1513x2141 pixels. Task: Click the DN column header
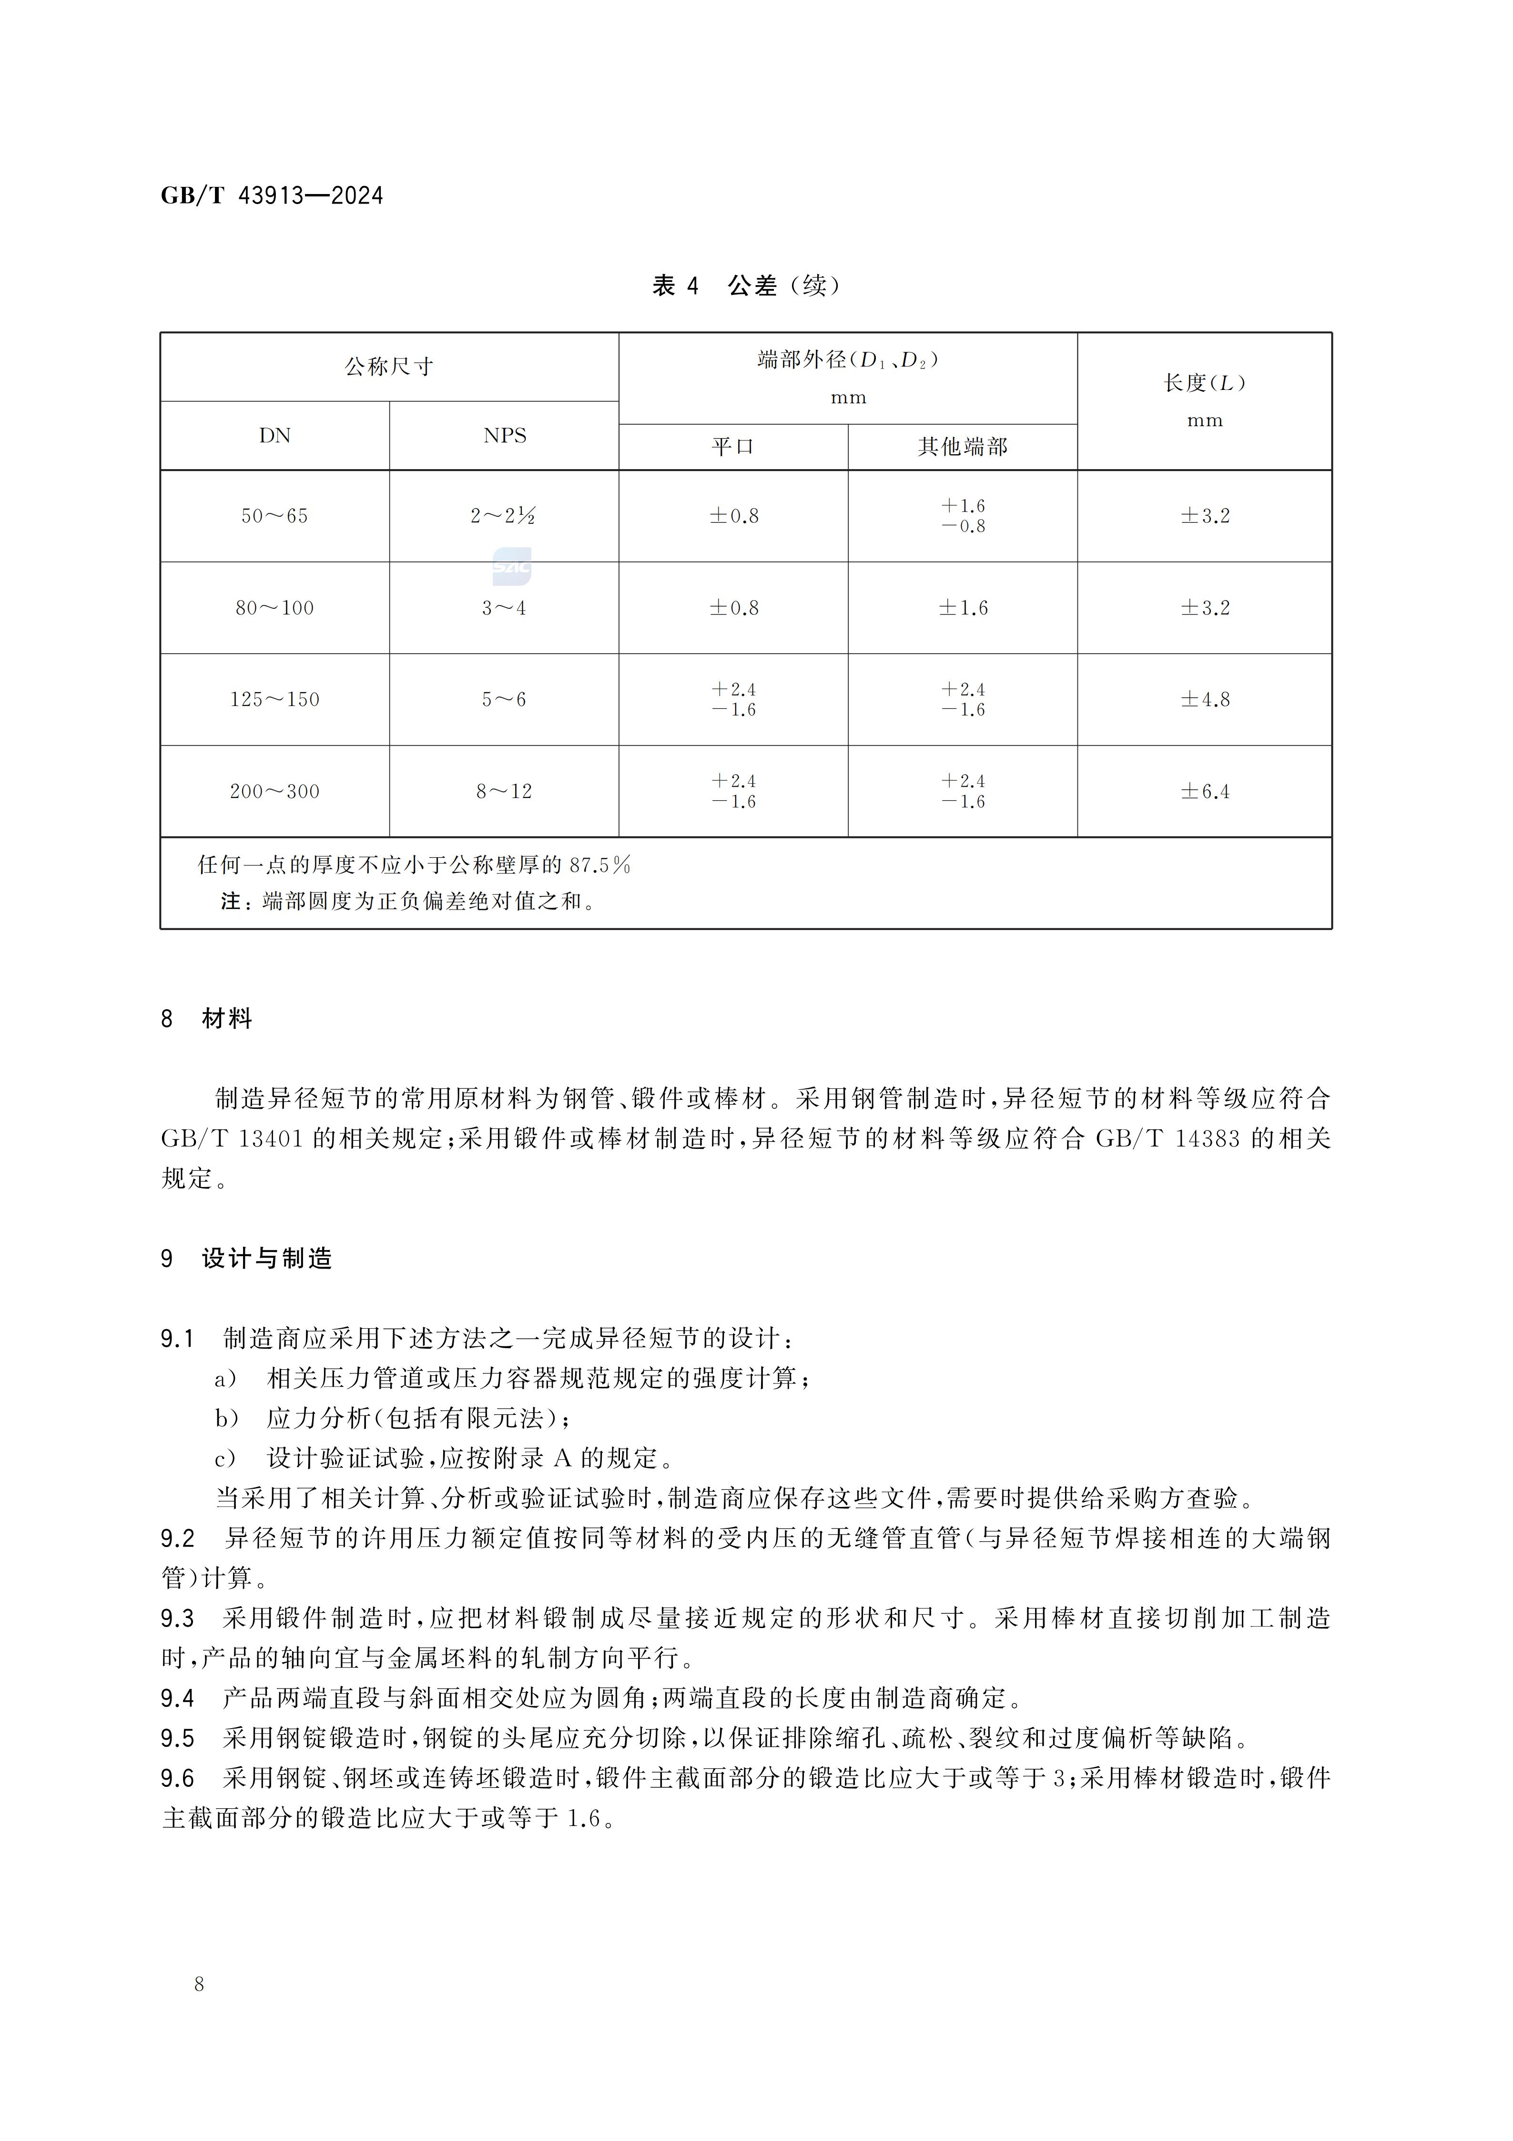[275, 435]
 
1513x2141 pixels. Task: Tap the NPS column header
[504, 435]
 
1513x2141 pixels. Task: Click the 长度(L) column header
[1204, 383]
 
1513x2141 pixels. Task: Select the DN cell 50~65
[275, 516]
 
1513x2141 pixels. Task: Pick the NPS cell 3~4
[504, 608]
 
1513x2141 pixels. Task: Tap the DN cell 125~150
[275, 699]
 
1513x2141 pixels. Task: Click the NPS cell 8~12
[504, 792]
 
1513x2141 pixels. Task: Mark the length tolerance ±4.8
[1204, 699]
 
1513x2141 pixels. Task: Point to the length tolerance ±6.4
[1204, 792]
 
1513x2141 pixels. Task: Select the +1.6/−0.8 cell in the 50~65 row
[963, 516]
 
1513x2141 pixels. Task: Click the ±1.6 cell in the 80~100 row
[963, 608]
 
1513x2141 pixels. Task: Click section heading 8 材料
[207, 1018]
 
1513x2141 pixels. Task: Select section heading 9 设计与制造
[247, 1259]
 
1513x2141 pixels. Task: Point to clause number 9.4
[177, 1698]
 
